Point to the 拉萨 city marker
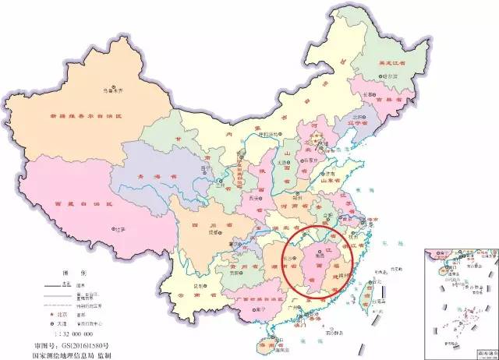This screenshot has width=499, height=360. pyautogui.click(x=112, y=231)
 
